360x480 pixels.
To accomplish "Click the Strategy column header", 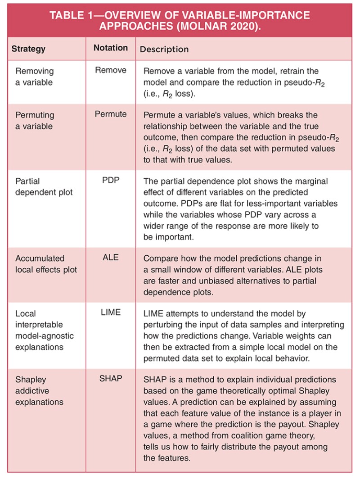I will pos(28,49).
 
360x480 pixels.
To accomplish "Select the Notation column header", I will pos(111,48).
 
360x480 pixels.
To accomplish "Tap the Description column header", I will pos(164,49).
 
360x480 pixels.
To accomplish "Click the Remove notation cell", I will pos(111,71).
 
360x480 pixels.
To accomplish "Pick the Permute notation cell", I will pos(111,114).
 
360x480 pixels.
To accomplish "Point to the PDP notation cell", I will pos(111,181).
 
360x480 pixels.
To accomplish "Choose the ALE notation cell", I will pos(111,258).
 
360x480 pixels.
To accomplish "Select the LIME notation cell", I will pos(111,312).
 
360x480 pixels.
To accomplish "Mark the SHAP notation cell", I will pos(111,379).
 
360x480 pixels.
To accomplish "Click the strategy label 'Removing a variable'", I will pos(34,77).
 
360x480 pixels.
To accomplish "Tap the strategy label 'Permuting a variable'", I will pos(35,121).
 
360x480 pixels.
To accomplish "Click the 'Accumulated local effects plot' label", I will pos(46,264).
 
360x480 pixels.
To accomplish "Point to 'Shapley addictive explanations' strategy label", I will pos(39,390).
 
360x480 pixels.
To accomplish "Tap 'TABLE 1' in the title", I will pos(73,15).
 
